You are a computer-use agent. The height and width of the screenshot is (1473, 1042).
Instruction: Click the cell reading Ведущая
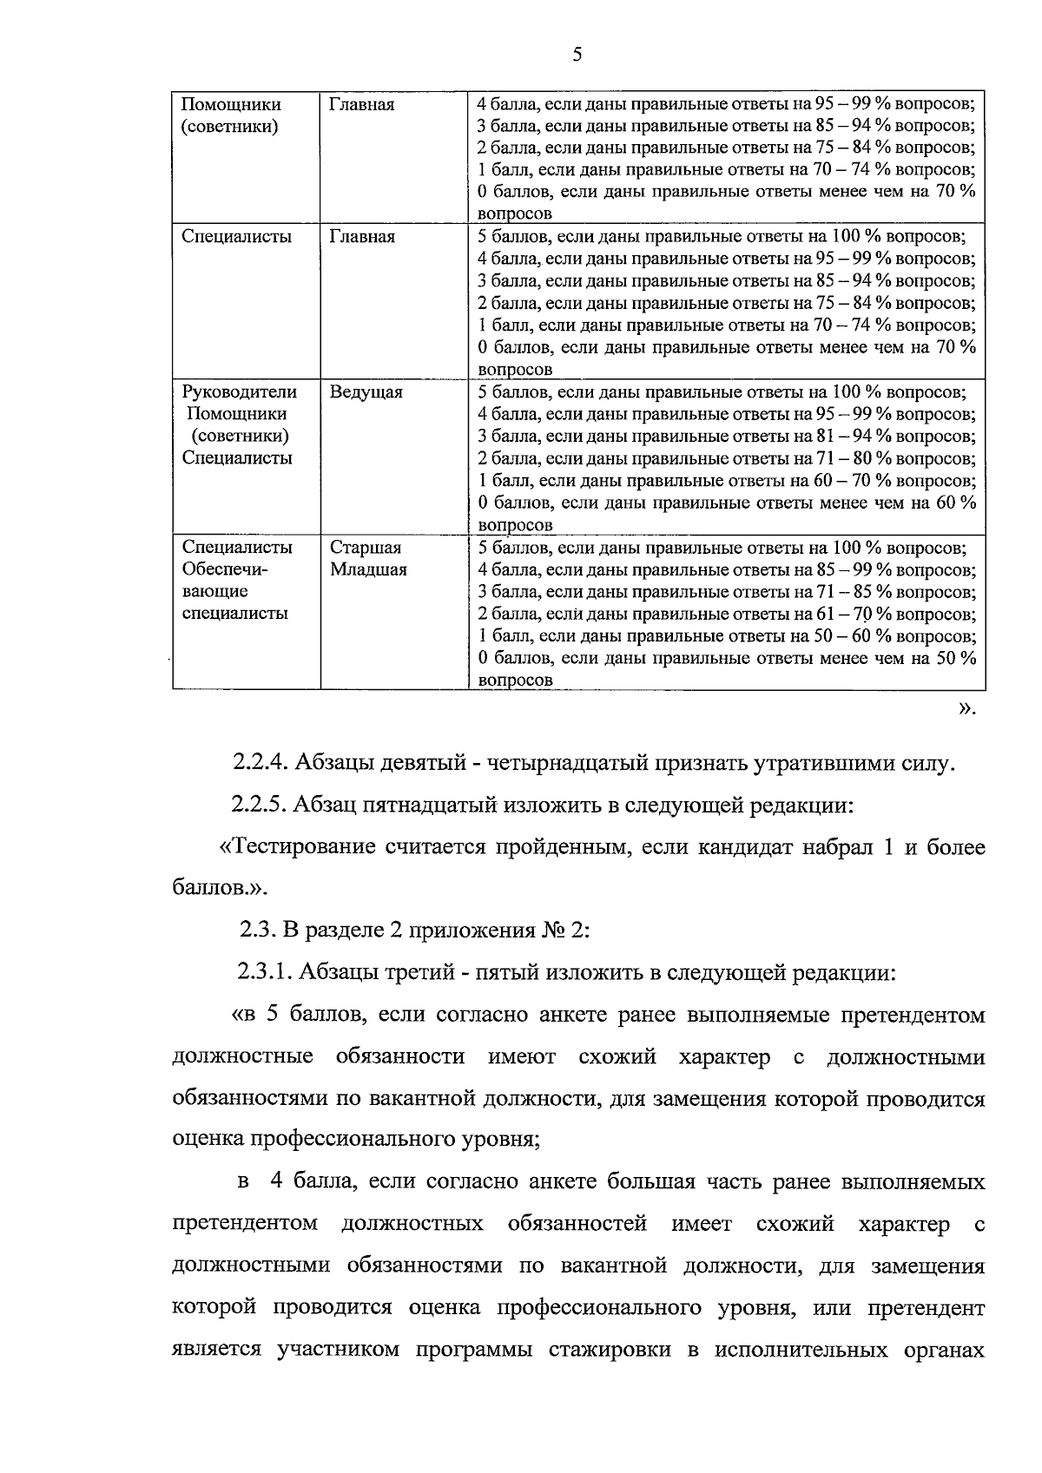[x=366, y=392]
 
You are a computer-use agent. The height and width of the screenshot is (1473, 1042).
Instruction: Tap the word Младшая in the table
[x=368, y=570]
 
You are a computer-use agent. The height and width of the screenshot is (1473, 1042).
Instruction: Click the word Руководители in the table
[x=239, y=392]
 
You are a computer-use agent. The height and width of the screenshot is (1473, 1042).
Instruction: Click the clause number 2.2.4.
[x=260, y=764]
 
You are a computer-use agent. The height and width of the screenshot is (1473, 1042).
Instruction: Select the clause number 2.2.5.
[x=259, y=806]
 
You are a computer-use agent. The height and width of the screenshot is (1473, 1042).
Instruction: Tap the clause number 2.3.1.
[x=266, y=973]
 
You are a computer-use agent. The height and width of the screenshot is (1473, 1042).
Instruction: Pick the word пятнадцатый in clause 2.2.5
[x=425, y=806]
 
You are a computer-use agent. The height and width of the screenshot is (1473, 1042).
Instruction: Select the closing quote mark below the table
[x=966, y=709]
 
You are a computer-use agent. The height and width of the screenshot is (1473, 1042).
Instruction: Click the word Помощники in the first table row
[x=231, y=105]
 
